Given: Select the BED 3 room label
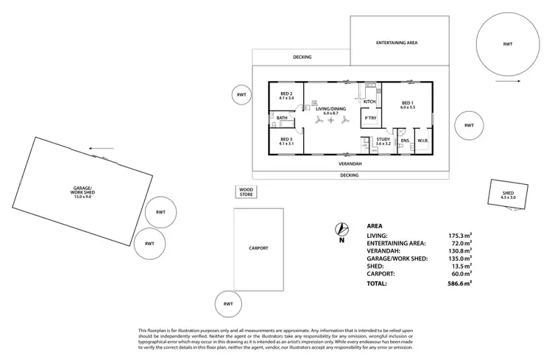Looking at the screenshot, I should [286, 141].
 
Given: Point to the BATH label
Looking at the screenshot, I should [282, 118].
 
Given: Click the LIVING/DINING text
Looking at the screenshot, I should [325, 109].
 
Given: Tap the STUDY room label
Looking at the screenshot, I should [383, 138].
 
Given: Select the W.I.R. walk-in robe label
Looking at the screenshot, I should [423, 140].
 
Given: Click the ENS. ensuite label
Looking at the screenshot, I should [405, 140].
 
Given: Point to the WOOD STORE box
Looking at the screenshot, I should [245, 192].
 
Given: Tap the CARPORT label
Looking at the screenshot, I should [259, 248].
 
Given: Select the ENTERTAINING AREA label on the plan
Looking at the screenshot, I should [397, 43].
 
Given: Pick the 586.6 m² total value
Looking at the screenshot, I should [460, 282].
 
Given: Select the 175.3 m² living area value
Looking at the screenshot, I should [460, 234].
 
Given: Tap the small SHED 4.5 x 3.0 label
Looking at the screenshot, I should [508, 196].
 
